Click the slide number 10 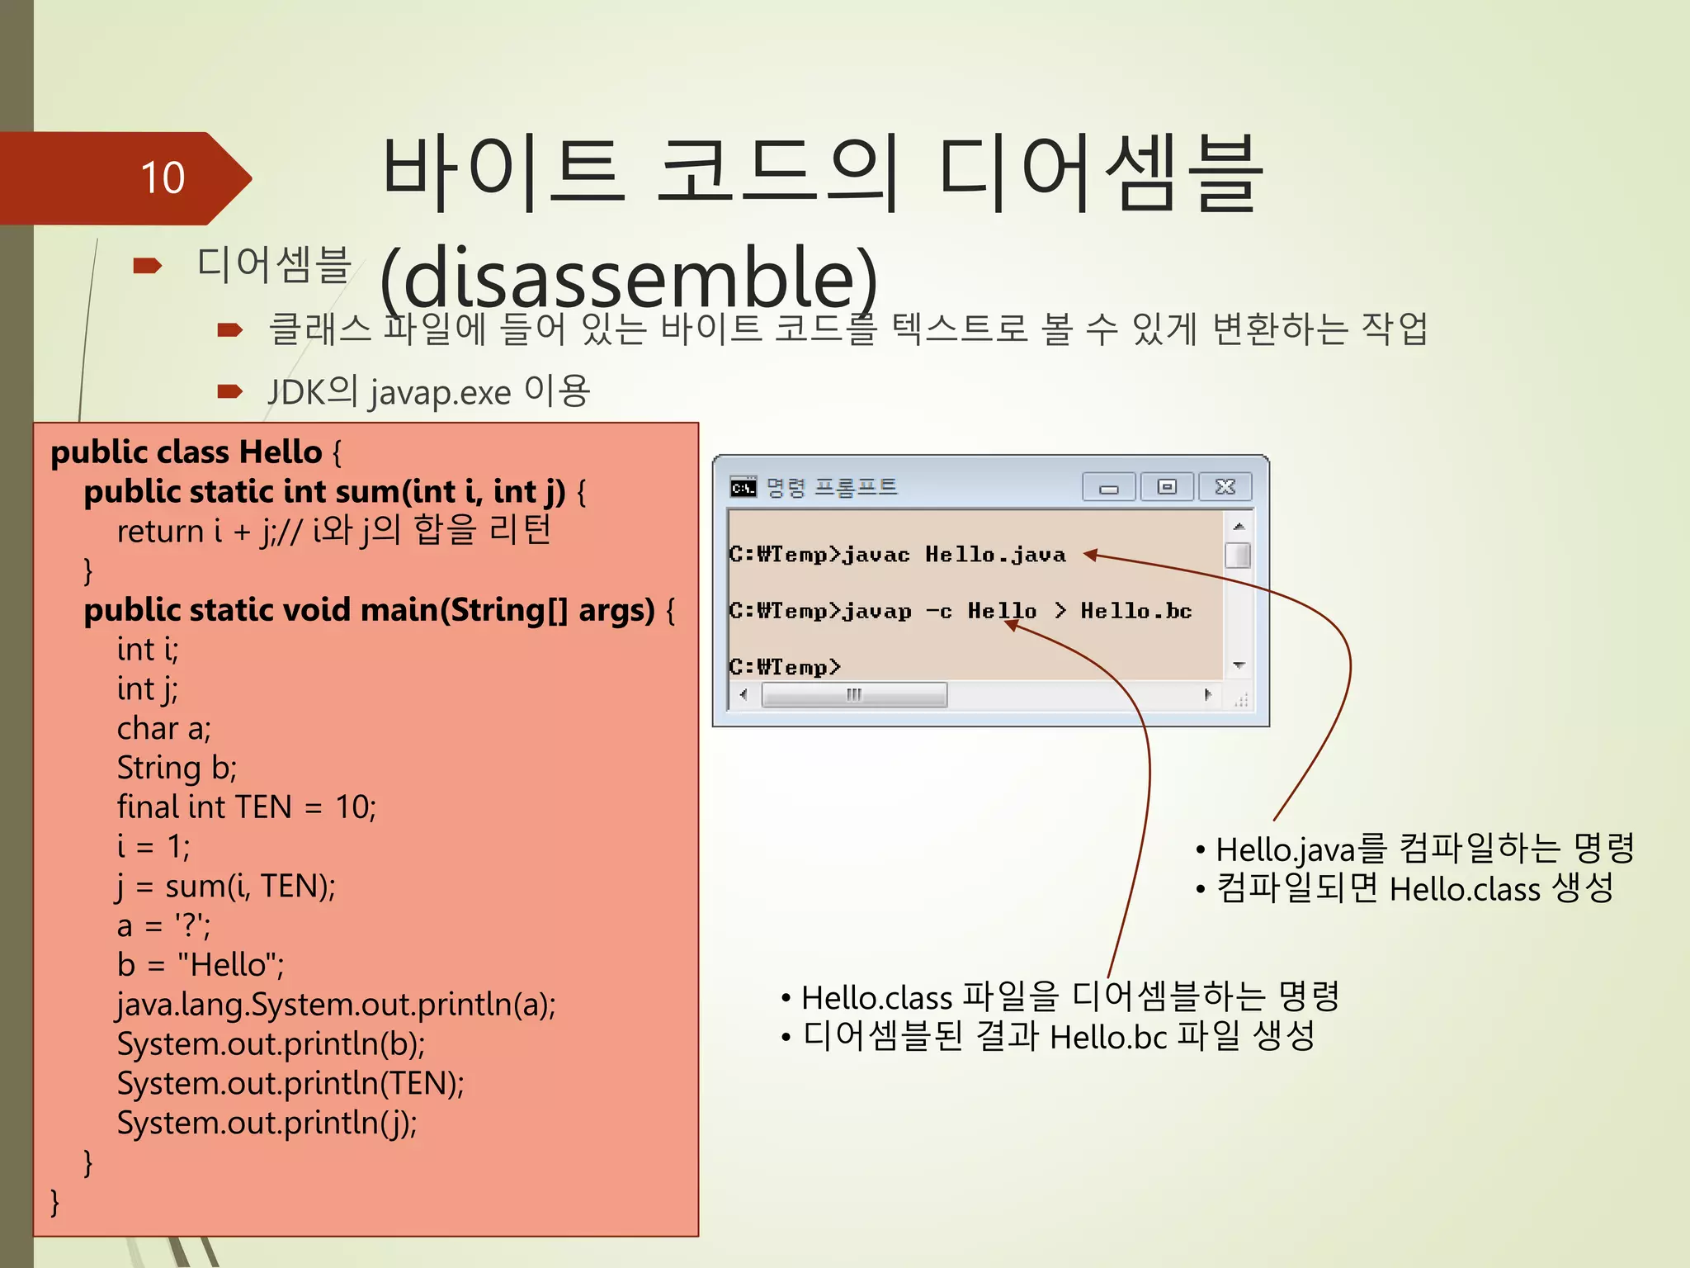coord(163,177)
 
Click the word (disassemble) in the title coord(629,278)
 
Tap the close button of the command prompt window coord(1225,487)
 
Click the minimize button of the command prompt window coord(1108,488)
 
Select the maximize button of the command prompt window coord(1166,487)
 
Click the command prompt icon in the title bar coord(743,488)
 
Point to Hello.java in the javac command coord(994,555)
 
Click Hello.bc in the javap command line coord(1135,611)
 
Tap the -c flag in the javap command coord(938,612)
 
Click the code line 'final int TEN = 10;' coord(246,807)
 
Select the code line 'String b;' coord(177,768)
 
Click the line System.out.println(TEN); coord(290,1083)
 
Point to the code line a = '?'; coord(163,925)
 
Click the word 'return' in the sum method coord(160,531)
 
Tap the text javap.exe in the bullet coord(440,392)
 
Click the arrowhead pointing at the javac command coord(1091,555)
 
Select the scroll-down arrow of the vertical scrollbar coord(1238,665)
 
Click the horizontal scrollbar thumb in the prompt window coord(854,695)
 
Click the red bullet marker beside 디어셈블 coord(147,266)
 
